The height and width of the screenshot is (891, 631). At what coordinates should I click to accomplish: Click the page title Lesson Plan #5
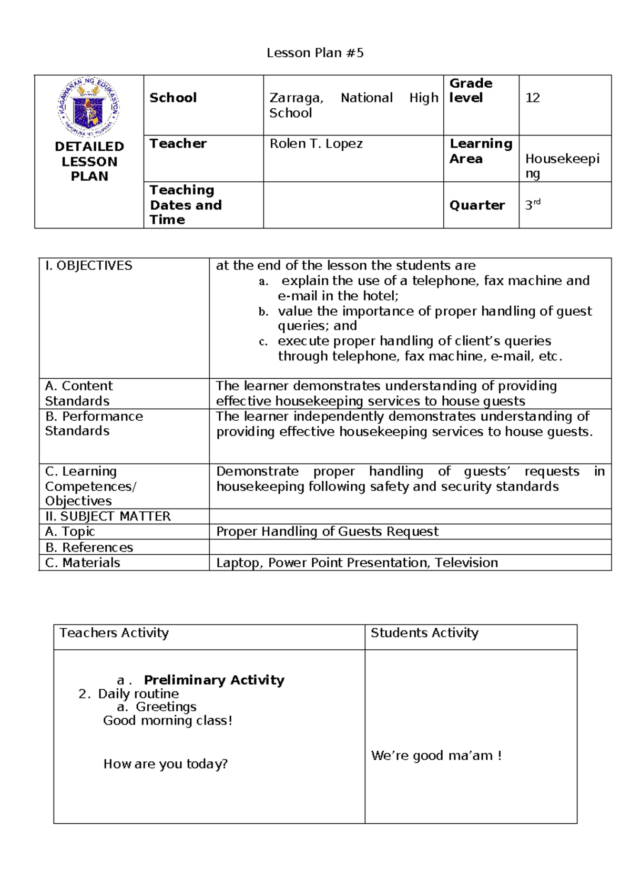315,53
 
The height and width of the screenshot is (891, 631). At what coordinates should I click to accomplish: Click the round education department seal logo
89,107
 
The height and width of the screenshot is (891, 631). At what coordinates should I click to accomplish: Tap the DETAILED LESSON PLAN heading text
89,161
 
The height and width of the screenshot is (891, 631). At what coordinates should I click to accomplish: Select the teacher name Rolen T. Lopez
316,143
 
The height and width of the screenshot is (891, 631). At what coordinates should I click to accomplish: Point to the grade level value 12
532,98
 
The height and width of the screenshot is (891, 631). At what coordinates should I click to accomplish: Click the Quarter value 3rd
532,204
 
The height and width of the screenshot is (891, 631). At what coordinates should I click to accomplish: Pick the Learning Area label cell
480,151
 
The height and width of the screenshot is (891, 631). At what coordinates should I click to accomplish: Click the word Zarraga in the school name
296,98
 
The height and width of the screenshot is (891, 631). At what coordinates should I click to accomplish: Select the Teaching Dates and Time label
185,205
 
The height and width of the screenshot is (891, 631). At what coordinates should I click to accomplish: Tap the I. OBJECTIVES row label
89,266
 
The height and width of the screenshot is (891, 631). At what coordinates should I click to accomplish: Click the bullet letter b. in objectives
263,312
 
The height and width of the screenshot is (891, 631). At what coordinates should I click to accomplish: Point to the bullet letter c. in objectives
263,341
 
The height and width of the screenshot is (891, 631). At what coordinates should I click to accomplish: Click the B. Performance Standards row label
94,423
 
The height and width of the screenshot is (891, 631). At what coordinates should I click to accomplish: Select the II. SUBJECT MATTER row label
108,516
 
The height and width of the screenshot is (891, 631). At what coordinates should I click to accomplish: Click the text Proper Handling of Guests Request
327,532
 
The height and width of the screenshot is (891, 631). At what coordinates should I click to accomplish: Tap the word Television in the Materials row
466,563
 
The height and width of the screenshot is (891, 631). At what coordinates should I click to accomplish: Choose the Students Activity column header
424,633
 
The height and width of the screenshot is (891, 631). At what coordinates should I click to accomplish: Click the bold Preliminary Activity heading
214,680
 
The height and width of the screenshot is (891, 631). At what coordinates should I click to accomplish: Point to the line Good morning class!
167,720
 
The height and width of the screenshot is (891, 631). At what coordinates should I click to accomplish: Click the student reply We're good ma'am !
436,755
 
